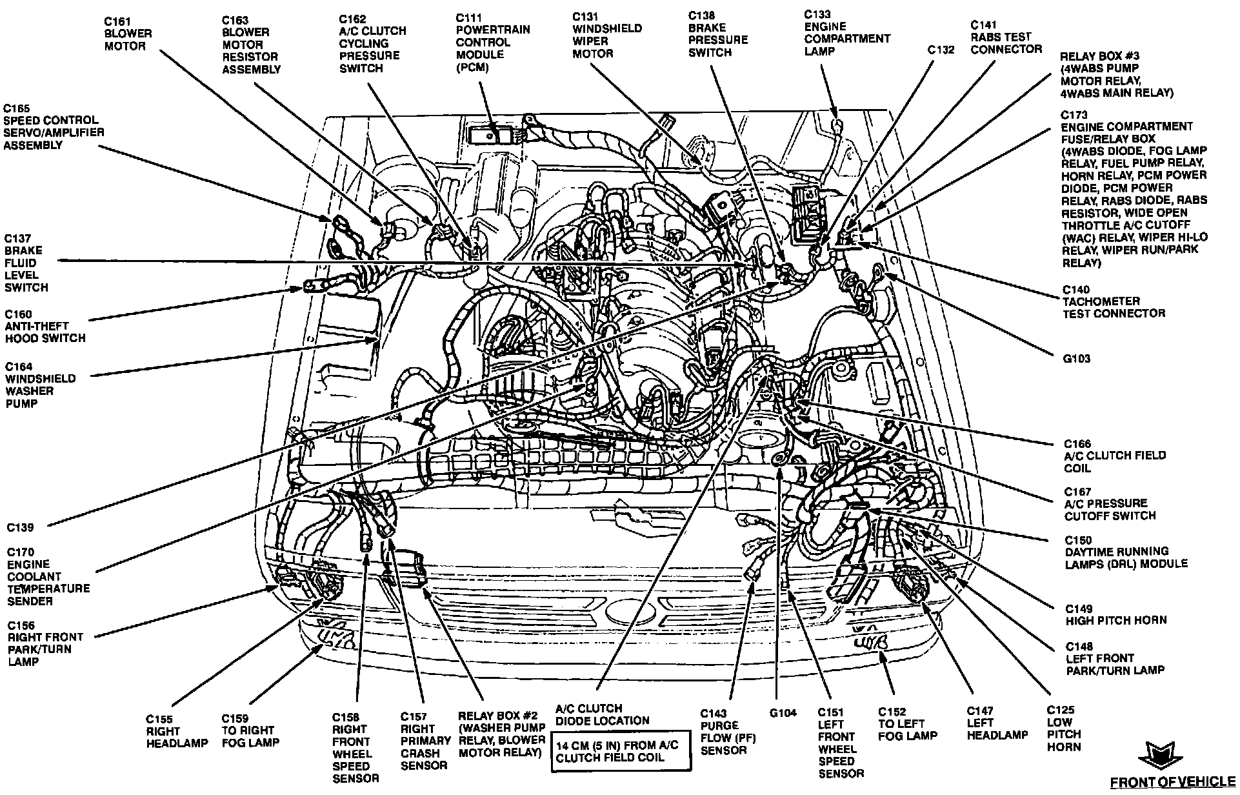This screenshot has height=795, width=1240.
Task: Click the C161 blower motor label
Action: (128, 33)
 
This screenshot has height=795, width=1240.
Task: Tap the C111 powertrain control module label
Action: (493, 42)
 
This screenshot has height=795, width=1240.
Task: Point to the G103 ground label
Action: (1077, 358)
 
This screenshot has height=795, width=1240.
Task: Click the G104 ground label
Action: (783, 713)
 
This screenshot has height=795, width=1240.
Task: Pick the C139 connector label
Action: (21, 527)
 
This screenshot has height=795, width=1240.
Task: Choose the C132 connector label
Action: (941, 49)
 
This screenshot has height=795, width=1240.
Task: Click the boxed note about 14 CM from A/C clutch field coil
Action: (621, 751)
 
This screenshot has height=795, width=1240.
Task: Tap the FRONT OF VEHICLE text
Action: (1173, 782)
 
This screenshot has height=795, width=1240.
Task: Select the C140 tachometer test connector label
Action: (1114, 302)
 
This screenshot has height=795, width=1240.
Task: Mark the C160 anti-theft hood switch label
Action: (45, 326)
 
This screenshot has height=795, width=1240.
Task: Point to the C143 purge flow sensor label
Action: (728, 732)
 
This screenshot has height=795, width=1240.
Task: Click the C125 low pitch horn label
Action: (1064, 729)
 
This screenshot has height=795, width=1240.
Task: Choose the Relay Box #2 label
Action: (501, 734)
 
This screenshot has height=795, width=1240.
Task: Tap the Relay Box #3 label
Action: (1117, 74)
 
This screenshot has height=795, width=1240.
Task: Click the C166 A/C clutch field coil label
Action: (1115, 456)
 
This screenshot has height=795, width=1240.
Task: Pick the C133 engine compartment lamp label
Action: (847, 32)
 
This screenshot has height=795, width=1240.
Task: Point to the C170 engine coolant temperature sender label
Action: (48, 576)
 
